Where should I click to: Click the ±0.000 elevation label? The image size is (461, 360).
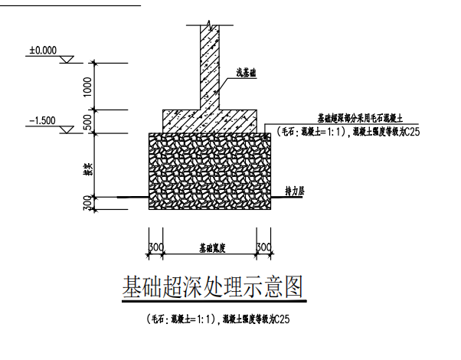(x=43, y=51)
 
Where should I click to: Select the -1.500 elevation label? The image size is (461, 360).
(x=43, y=121)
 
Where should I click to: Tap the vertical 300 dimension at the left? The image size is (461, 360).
(x=89, y=202)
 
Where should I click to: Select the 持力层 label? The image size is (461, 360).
(x=295, y=190)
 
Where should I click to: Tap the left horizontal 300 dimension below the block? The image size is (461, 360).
(x=155, y=247)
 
